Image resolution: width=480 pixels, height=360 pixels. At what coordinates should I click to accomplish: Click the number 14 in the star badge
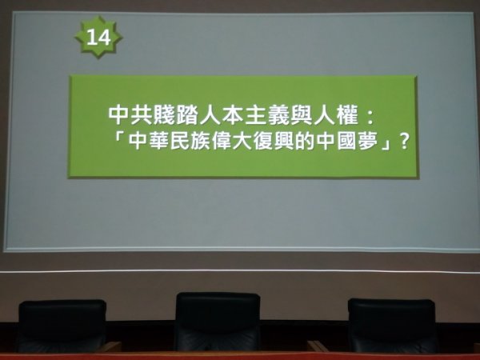point(98,38)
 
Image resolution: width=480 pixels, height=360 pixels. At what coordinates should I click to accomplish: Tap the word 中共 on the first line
point(130,116)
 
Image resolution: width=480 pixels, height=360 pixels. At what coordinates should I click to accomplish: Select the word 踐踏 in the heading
point(176,116)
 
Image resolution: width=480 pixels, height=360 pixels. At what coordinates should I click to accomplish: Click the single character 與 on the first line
point(302,116)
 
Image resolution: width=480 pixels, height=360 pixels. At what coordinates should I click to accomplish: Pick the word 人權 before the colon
point(336,116)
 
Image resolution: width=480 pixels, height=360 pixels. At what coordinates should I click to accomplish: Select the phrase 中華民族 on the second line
point(169,142)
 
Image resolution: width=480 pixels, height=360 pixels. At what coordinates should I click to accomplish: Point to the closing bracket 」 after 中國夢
point(386,145)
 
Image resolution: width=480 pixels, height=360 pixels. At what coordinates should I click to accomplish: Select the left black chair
point(62,326)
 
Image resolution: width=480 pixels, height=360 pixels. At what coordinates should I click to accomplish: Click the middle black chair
point(218,322)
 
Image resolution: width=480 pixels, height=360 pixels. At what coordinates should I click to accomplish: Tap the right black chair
point(392,326)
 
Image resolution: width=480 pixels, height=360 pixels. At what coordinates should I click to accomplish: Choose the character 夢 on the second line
point(368,142)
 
